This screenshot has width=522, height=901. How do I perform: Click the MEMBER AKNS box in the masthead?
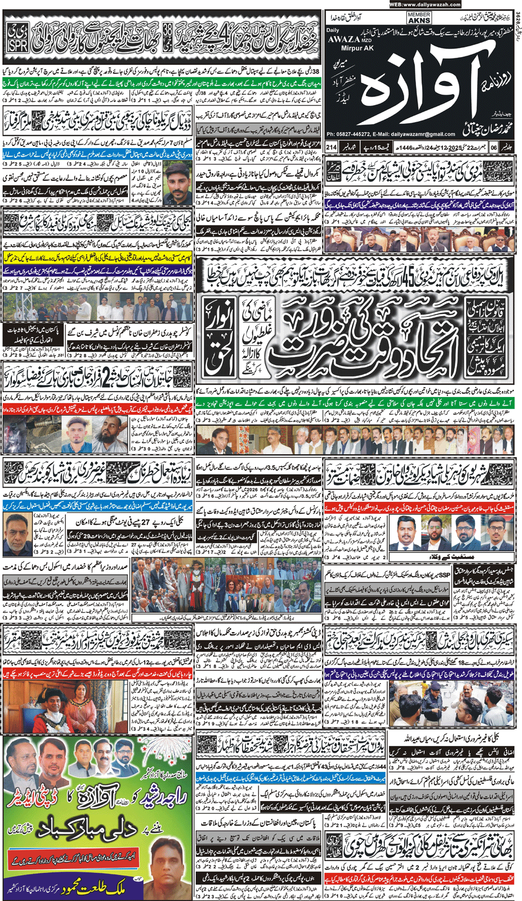point(419,18)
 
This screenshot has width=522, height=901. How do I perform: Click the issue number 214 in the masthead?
point(331,147)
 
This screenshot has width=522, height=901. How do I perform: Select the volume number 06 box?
point(493,147)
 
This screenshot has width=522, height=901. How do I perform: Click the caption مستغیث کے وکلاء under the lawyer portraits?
point(459,556)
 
